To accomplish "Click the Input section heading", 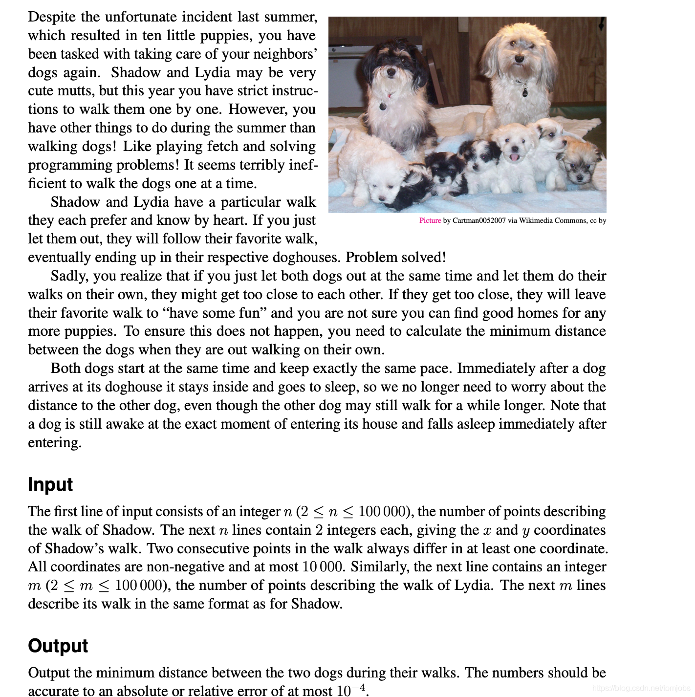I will (x=50, y=484).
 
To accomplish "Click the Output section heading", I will (x=58, y=646).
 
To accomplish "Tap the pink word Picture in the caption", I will (x=430, y=220).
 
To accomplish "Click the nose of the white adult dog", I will (x=519, y=58).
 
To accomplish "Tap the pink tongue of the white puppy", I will (x=514, y=157).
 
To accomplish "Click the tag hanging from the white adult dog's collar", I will (x=525, y=91).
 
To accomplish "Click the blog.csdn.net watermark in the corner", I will (x=640, y=688).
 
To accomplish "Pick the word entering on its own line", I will (x=54, y=443).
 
